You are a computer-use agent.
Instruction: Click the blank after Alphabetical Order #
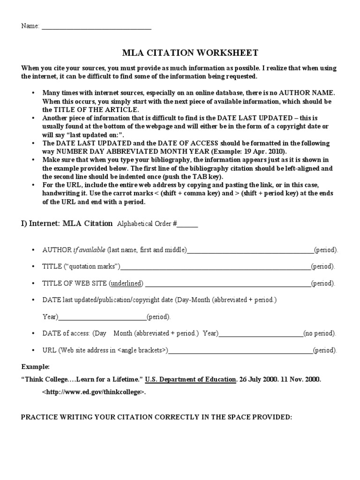pyautogui.click(x=187, y=226)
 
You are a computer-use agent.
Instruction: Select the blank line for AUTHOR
pyautogui.click(x=250, y=252)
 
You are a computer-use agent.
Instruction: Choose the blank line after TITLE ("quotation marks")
pyautogui.click(x=216, y=269)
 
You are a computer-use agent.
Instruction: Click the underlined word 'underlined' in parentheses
pyautogui.click(x=127, y=284)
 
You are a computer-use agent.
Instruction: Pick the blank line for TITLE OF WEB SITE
pyautogui.click(x=227, y=285)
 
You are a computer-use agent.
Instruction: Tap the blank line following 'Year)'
pyautogui.click(x=102, y=319)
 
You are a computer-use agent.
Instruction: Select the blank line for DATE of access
pyautogui.click(x=261, y=336)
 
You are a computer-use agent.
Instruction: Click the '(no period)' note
pyautogui.click(x=319, y=334)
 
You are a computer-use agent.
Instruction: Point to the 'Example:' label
pyautogui.click(x=35, y=366)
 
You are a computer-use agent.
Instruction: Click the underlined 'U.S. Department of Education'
pyautogui.click(x=190, y=379)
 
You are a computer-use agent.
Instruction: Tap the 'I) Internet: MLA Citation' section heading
pyautogui.click(x=67, y=223)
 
